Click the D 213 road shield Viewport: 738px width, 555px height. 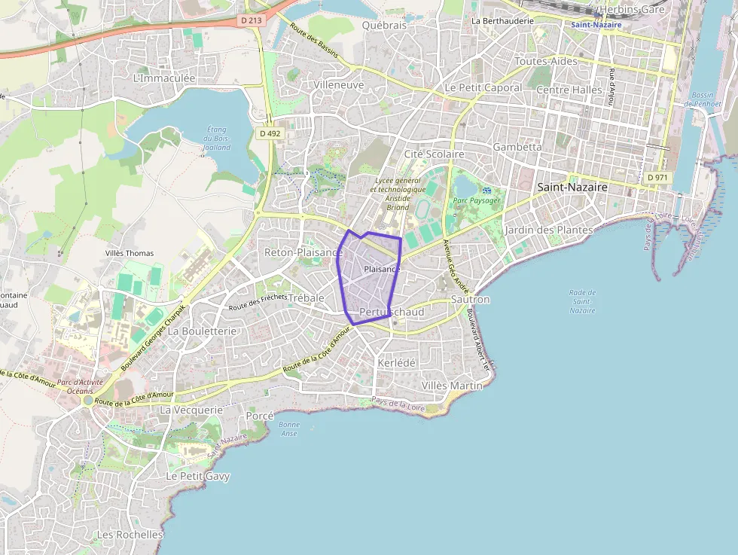click(252, 20)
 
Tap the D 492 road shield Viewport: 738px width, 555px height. click(270, 133)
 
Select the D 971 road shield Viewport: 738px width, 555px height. click(657, 177)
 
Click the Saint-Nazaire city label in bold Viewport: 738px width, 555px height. click(572, 187)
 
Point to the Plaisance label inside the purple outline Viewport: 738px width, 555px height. click(382, 269)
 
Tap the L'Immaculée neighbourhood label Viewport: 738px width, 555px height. click(163, 78)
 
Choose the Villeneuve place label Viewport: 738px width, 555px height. click(339, 85)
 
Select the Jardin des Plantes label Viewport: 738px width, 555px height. click(550, 229)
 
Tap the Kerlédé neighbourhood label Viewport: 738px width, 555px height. click(395, 362)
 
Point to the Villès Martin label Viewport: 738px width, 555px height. click(452, 386)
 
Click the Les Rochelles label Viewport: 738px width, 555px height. click(130, 535)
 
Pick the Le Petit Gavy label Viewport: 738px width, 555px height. click(198, 476)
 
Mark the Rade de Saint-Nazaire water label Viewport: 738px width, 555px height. click(582, 301)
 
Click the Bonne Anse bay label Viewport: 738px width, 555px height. click(289, 428)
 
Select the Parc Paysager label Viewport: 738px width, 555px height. click(477, 200)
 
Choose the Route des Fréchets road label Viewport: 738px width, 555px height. click(258, 302)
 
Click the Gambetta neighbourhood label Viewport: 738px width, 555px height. click(517, 147)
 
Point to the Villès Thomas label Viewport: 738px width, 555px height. click(130, 253)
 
